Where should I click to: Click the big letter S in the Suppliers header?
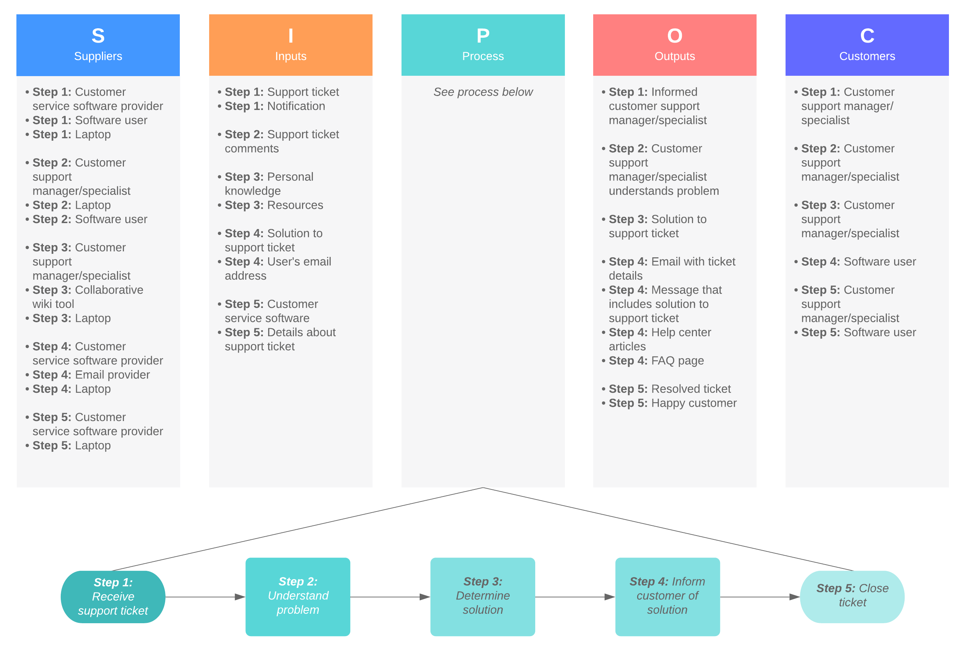tap(98, 36)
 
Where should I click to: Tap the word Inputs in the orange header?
tap(290, 56)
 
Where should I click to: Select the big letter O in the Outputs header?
tap(675, 36)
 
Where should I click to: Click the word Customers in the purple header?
tap(867, 56)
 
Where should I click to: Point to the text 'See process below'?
tap(483, 92)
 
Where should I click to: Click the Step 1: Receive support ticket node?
tap(113, 596)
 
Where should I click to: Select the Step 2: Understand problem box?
tap(297, 596)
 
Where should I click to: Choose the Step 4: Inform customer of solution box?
tap(667, 596)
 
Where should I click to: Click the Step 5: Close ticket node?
tap(852, 596)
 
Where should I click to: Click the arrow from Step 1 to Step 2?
tap(205, 597)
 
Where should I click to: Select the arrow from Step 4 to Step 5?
tap(760, 597)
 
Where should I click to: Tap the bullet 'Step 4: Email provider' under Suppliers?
tap(91, 375)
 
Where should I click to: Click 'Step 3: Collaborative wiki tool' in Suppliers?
tap(88, 297)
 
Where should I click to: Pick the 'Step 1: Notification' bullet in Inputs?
tap(275, 106)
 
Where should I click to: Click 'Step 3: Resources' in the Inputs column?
tap(274, 205)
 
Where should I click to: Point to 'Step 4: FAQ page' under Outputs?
tap(656, 361)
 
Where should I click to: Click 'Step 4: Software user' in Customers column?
tap(859, 262)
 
